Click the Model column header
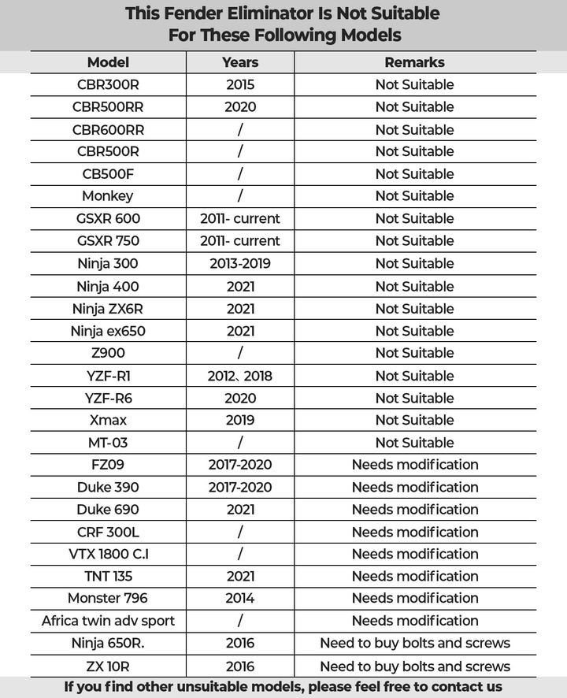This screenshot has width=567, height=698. coord(108,62)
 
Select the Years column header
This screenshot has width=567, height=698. coord(240,62)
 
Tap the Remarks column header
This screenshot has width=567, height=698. coord(414,62)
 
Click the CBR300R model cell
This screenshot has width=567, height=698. coord(108,84)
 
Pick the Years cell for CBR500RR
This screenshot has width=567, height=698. coord(240,106)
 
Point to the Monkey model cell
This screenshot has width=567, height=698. coord(108,195)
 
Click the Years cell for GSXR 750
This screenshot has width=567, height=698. coord(240,240)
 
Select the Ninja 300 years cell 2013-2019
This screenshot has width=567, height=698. coord(240,263)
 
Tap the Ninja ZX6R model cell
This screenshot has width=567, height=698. coord(108,308)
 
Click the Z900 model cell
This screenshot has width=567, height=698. coord(108,353)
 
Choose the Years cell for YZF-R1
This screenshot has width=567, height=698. coord(240,376)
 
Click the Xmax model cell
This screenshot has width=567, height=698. coord(108,420)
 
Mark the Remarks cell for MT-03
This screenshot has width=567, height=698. coord(414,443)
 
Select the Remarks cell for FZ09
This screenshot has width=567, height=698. coord(414,465)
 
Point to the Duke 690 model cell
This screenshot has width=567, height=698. coord(108,510)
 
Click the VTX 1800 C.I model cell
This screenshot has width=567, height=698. coord(108,554)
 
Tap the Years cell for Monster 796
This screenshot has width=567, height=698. coord(240,598)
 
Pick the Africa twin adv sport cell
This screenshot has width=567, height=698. coord(108,621)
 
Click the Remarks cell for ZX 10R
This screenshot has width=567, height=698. coord(414,666)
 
